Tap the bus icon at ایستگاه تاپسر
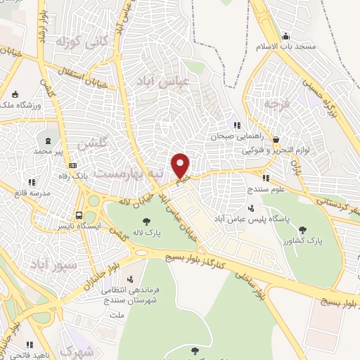coord(79,215)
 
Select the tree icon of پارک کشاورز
coord(303,229)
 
